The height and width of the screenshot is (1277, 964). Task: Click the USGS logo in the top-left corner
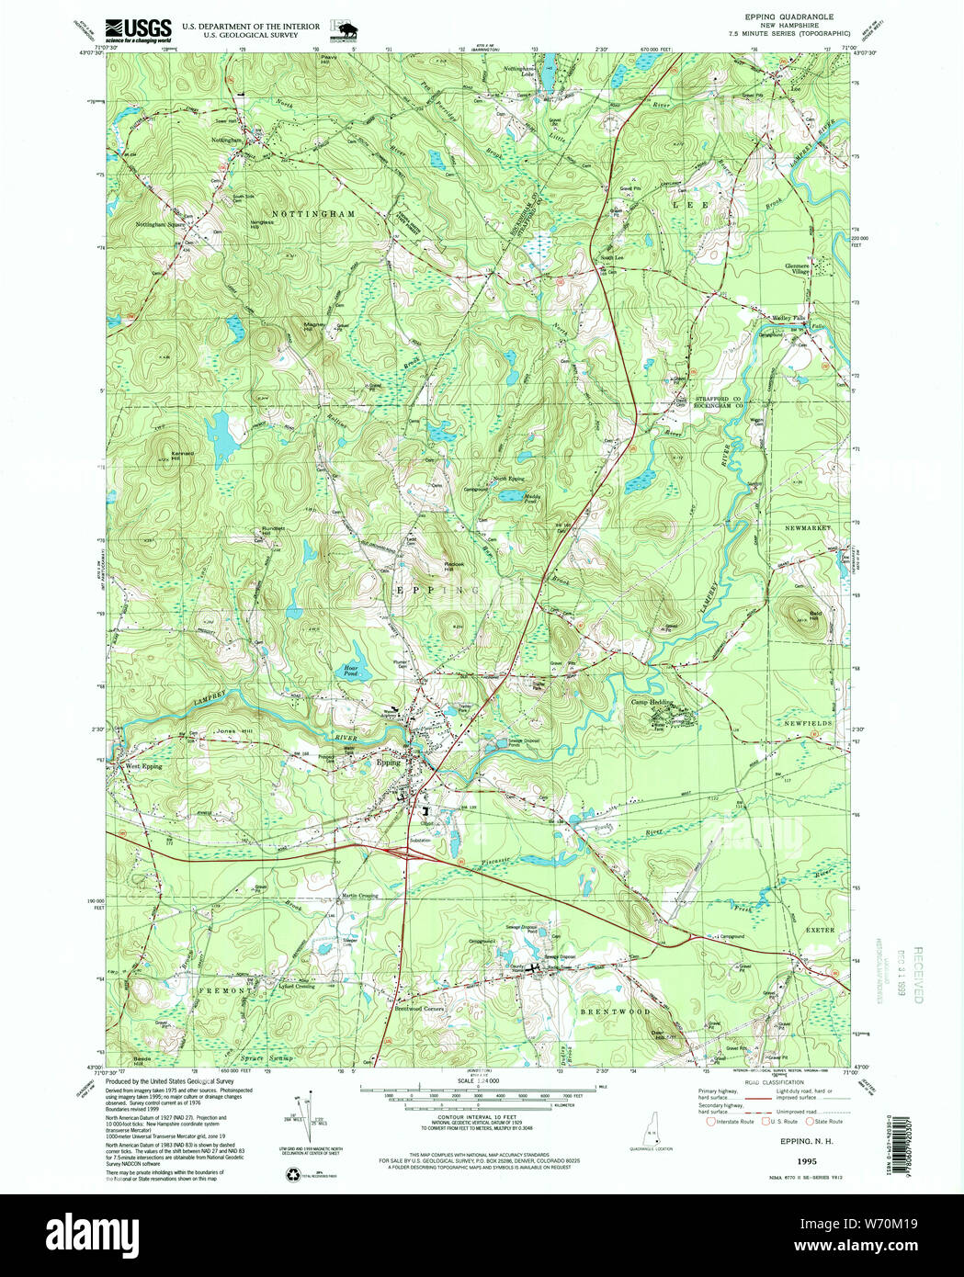point(138,30)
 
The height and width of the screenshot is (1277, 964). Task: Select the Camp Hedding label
point(652,702)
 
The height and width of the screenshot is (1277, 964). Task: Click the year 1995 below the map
point(806,1161)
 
